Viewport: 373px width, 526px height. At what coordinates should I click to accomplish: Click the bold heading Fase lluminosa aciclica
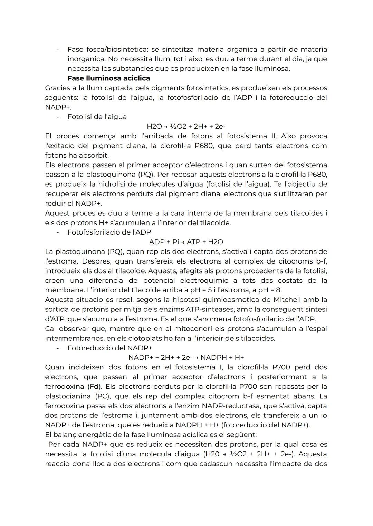click(108, 78)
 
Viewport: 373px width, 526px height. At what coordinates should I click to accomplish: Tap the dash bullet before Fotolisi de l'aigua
click(58, 117)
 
